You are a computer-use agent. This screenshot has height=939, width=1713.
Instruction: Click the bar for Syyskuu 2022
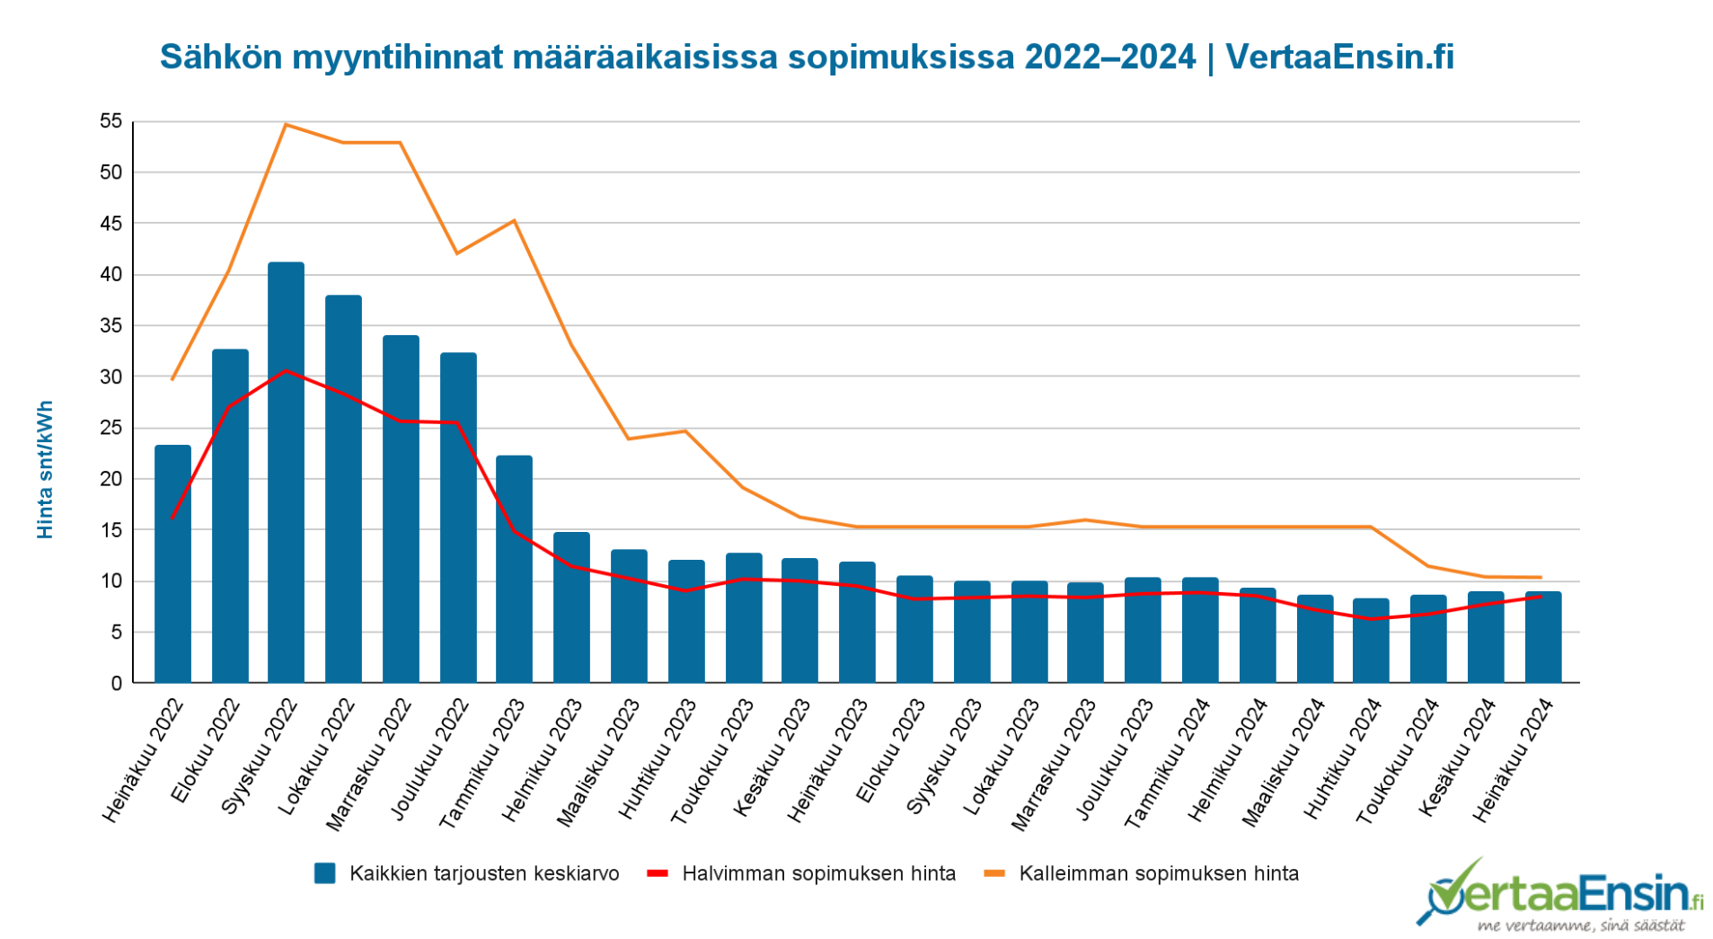(x=286, y=473)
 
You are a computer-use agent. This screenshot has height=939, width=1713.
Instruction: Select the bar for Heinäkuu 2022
(x=172, y=564)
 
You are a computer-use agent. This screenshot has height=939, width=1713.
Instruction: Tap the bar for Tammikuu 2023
(x=514, y=570)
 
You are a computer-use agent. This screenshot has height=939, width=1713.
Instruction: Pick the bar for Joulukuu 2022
(x=458, y=518)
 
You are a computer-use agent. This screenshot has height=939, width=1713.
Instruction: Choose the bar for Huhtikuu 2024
(x=1371, y=641)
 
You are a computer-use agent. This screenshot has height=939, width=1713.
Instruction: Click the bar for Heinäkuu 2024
(x=1543, y=637)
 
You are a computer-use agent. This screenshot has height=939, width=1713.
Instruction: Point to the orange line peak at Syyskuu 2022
(x=286, y=124)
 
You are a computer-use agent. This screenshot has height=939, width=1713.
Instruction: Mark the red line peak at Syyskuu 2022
(x=286, y=370)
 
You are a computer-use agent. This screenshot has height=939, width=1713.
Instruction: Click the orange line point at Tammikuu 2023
(x=514, y=220)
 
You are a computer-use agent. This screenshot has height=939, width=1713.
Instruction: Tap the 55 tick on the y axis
(x=111, y=121)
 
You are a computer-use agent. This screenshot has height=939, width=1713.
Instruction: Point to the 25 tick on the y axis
(x=111, y=428)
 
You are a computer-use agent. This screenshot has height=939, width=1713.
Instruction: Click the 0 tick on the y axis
(x=117, y=683)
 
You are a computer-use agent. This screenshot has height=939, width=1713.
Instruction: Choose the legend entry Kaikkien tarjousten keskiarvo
(x=467, y=873)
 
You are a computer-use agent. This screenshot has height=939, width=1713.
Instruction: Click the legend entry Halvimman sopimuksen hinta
(x=801, y=873)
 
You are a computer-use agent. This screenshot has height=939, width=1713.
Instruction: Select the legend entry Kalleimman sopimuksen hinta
(x=1142, y=873)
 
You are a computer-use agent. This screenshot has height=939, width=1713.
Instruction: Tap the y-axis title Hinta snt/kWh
(x=45, y=470)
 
